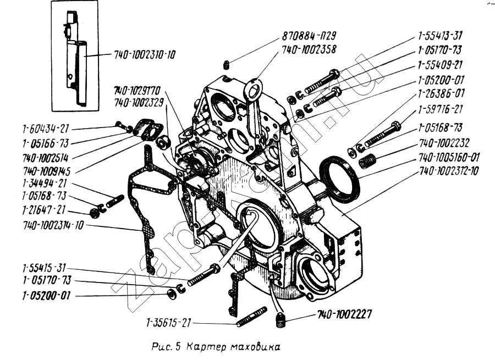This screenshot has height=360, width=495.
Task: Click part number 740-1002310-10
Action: click(145, 55)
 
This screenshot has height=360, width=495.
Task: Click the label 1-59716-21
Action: click(439, 109)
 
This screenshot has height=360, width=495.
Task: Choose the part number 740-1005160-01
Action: click(449, 157)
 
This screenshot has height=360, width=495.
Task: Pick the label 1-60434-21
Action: click(46, 129)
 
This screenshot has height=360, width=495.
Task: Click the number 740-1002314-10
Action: click(53, 225)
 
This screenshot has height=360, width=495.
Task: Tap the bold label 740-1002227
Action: click(344, 315)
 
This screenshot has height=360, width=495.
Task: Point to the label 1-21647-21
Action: click(44, 210)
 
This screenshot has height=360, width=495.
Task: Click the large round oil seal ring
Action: click(339, 179)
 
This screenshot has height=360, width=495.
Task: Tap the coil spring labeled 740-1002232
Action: click(366, 161)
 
